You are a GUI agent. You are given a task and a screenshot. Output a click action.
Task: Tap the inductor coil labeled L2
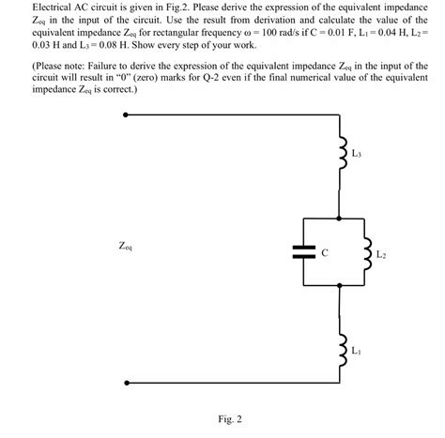367,251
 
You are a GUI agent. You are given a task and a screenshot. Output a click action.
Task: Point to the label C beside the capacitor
324,251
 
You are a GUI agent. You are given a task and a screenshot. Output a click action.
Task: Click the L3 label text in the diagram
357,152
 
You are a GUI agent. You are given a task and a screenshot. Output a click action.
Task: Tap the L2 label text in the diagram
381,254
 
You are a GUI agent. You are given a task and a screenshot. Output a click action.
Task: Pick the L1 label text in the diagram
357,352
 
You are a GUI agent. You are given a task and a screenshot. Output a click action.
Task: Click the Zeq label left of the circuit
126,247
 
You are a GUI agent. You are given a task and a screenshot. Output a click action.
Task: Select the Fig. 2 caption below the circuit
229,418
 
